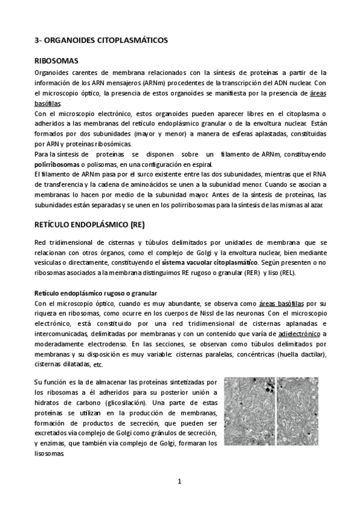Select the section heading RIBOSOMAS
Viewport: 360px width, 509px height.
(56, 61)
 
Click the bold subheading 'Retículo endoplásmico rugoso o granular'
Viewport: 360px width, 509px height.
(95, 293)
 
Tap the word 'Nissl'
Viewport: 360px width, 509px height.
(215, 313)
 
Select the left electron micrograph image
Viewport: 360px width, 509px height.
(250, 411)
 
